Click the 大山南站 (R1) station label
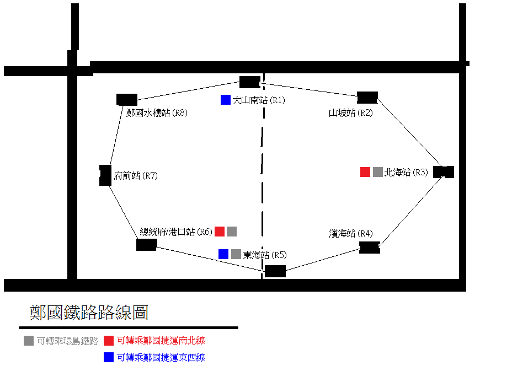pos(259,100)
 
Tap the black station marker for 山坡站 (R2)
pos(367,98)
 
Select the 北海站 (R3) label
pos(406,173)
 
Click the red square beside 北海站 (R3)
pos(365,172)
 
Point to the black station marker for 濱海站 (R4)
pos(370,248)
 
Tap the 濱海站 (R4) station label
pos(350,234)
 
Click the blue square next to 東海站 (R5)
pos(223,254)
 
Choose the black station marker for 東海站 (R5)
pos(275,271)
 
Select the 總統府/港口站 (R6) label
pos(176,232)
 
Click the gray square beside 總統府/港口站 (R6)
pos(232,232)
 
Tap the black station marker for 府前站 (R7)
pos(105,175)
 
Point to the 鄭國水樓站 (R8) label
pos(157,112)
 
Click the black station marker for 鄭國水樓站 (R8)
pos(126,100)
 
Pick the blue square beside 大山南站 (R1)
pos(225,100)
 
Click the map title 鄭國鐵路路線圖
pos(89,312)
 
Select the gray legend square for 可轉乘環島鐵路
pos(29,341)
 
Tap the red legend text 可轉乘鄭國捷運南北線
pos(161,341)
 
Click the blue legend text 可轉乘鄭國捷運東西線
pos(161,357)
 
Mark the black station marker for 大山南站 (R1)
pos(249,82)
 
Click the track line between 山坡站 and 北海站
pos(409,132)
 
